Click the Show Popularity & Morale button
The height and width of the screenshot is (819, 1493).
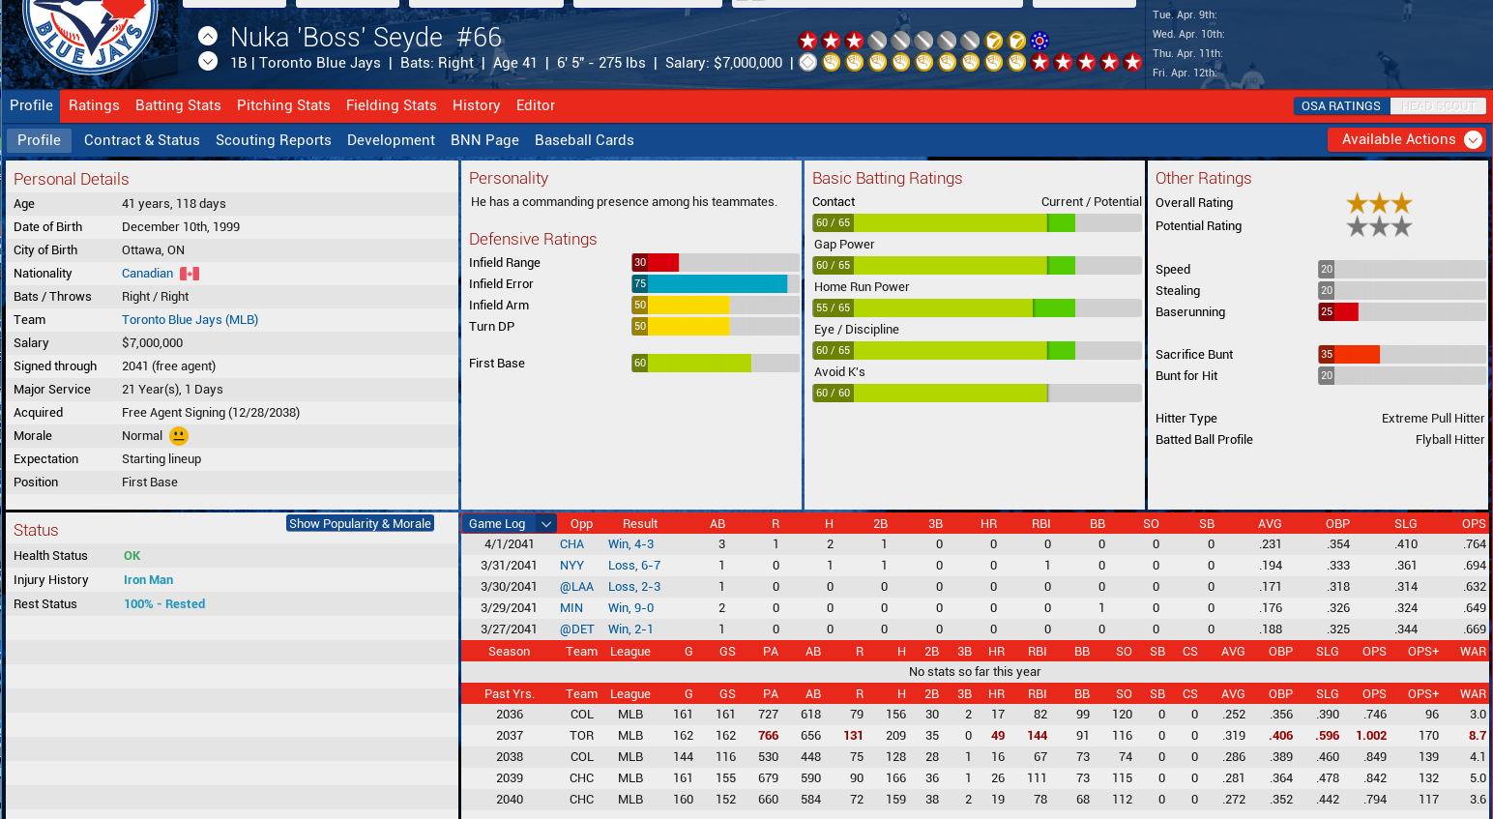coord(360,523)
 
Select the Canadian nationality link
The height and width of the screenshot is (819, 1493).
coord(147,274)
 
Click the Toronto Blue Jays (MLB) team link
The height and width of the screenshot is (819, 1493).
coord(190,320)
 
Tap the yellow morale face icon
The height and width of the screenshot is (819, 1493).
coord(179,436)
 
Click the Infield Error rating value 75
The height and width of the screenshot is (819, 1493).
coord(640,284)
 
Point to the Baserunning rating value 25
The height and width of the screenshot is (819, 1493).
coord(1327,312)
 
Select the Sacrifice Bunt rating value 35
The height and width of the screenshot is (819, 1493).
coord(1327,355)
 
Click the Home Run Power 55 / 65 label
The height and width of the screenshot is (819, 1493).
coord(833,308)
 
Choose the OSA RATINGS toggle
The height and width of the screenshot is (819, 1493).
coord(1340,106)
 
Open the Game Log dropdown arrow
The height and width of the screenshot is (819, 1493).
coord(546,524)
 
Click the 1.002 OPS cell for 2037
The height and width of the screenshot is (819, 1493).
coord(1370,736)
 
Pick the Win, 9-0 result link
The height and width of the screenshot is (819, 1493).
coord(630,608)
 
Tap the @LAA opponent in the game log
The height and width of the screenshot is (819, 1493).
coord(576,587)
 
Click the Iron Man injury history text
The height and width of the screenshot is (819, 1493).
coord(148,580)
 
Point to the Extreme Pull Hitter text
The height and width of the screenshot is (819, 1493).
coord(1432,419)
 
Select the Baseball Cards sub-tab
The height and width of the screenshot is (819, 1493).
coord(584,140)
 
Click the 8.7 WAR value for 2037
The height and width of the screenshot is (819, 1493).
coord(1477,736)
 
